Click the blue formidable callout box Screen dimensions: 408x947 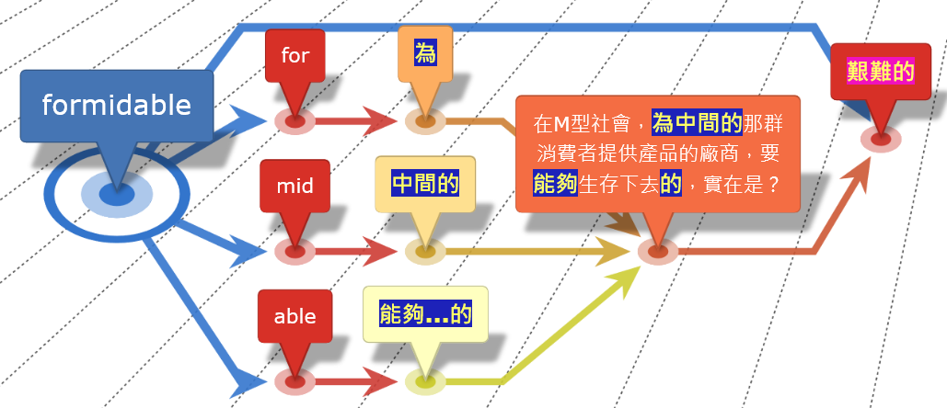point(116,106)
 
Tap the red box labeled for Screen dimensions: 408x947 point(294,55)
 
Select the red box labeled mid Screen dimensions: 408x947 point(294,186)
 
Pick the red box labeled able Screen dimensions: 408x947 point(294,316)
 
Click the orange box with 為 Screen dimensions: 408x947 point(425,54)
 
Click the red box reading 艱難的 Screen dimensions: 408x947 point(880,72)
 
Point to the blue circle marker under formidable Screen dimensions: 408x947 point(116,195)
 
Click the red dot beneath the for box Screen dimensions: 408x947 point(294,120)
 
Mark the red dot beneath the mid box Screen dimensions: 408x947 point(294,251)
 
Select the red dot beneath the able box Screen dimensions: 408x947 point(294,380)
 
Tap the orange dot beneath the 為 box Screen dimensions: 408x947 point(425,120)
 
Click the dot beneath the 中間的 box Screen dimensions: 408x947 point(425,251)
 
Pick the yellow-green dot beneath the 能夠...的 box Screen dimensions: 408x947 point(425,380)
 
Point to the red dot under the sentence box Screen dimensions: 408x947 point(658,250)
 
